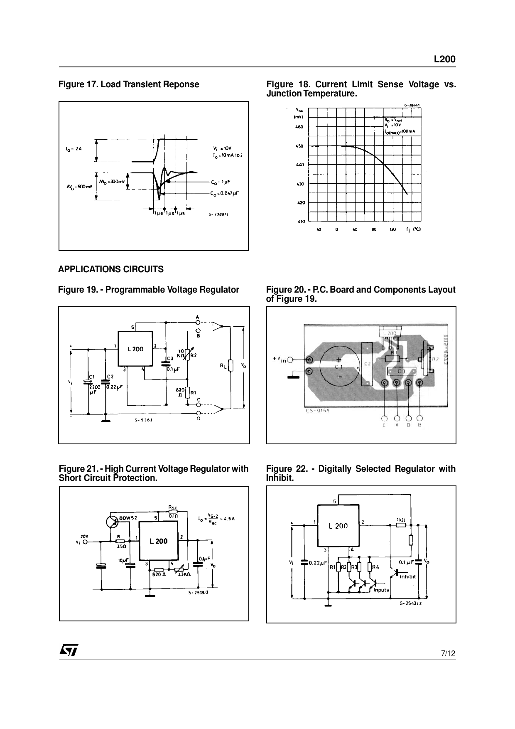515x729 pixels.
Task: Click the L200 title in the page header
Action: click(x=444, y=59)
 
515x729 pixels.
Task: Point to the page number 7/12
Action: click(x=448, y=654)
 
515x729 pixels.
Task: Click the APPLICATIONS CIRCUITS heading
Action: click(x=111, y=269)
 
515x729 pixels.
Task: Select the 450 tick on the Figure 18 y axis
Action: click(x=299, y=146)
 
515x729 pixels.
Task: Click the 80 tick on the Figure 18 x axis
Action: click(x=374, y=229)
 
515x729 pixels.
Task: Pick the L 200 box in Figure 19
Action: click(x=135, y=349)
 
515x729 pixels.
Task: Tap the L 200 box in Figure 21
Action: click(x=159, y=541)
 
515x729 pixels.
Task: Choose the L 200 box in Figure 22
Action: click(x=338, y=526)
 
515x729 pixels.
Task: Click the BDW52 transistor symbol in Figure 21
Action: click(x=112, y=522)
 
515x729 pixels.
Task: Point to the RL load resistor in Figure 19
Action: click(x=231, y=365)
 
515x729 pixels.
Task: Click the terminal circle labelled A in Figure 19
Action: click(x=198, y=322)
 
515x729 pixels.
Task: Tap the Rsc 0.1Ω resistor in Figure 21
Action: click(x=173, y=511)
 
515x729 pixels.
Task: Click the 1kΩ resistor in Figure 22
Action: click(x=400, y=525)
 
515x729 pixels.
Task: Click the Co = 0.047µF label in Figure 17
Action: click(x=225, y=193)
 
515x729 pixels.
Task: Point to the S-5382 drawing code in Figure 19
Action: click(x=144, y=420)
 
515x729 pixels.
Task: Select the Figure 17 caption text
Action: click(x=129, y=84)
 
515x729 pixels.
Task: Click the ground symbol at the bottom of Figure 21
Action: click(x=150, y=596)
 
